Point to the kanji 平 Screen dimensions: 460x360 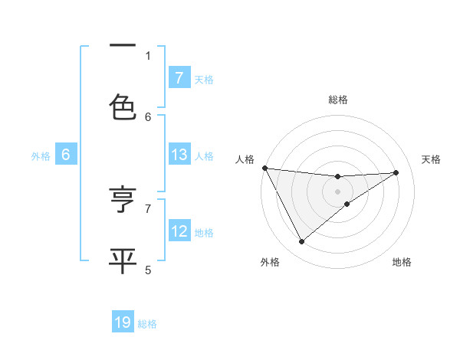click(123, 259)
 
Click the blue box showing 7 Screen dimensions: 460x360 click(179, 77)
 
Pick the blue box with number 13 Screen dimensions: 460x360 click(179, 155)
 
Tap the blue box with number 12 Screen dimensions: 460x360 click(179, 231)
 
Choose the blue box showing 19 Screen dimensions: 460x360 click(123, 322)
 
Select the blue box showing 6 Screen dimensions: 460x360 click(66, 155)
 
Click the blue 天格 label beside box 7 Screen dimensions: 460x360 click(204, 79)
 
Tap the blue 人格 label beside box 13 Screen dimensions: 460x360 click(204, 155)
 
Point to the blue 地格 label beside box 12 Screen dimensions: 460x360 click(204, 232)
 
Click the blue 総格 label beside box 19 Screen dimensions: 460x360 click(147, 324)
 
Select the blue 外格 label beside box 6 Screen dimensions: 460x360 click(41, 155)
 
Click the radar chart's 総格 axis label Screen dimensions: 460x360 click(337, 100)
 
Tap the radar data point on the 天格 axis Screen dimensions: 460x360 click(396, 172)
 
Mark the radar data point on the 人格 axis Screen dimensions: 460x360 click(264, 168)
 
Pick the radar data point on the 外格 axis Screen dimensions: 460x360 click(301, 242)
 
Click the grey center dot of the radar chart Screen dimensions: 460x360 click(337, 191)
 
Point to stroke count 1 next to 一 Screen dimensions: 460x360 click(148, 55)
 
